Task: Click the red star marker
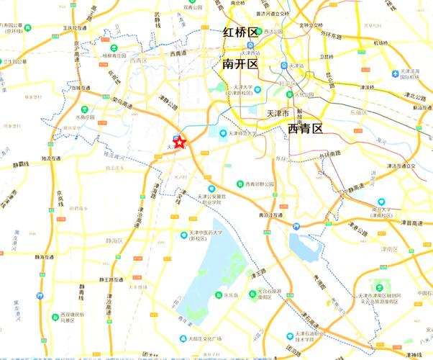[180, 143]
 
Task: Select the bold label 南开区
[240, 64]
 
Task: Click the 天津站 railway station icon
[285, 65]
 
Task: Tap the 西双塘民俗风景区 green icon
[53, 315]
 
